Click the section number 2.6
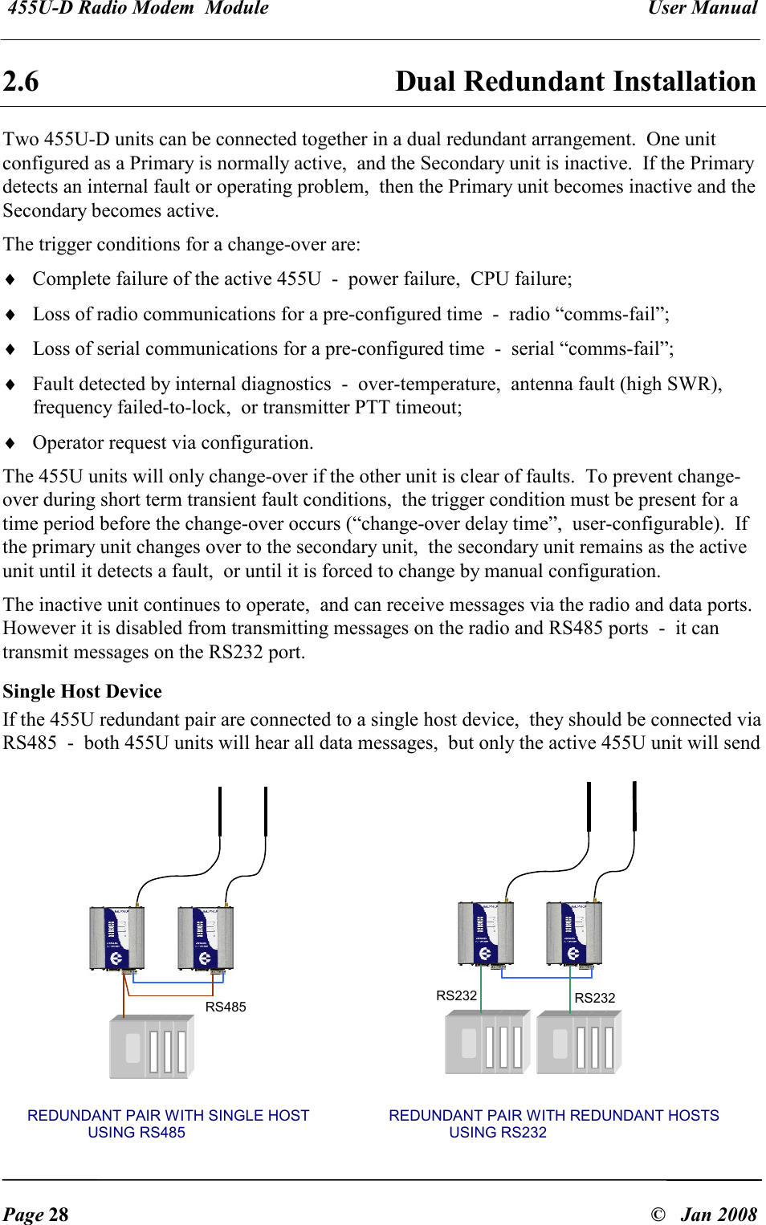click(x=21, y=82)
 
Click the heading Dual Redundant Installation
click(x=575, y=82)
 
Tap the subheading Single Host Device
click(x=82, y=691)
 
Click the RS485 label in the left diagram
click(x=226, y=1007)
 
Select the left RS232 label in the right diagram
click(x=456, y=995)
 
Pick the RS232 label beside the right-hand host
click(x=595, y=998)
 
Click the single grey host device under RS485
click(x=152, y=1047)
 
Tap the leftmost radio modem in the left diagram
click(x=117, y=938)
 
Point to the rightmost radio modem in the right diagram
click(x=573, y=933)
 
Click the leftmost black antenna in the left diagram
click(x=220, y=811)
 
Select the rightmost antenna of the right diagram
click(x=634, y=806)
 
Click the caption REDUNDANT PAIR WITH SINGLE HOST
click(x=168, y=1115)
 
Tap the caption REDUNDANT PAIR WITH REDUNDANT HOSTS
click(x=553, y=1115)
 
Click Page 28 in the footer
click(x=36, y=1214)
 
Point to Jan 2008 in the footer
click(x=719, y=1214)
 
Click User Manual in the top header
click(x=702, y=9)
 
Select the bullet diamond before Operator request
click(x=10, y=443)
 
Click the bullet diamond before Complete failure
click(x=10, y=279)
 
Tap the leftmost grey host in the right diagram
click(x=487, y=1042)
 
